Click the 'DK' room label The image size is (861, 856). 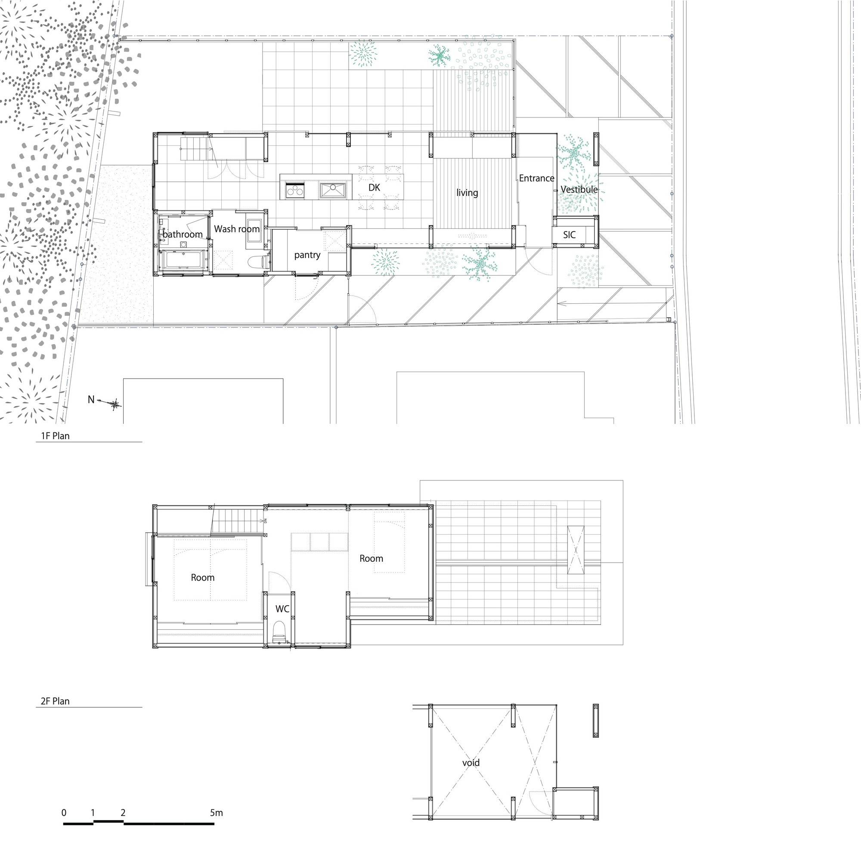(x=374, y=188)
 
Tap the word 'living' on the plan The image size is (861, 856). (x=467, y=192)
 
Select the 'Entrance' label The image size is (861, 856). (x=536, y=178)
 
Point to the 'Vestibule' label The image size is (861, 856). (x=579, y=189)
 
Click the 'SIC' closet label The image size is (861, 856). (x=569, y=235)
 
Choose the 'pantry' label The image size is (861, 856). (x=307, y=255)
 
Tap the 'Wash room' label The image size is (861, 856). (x=237, y=229)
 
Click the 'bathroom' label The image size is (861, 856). (x=182, y=234)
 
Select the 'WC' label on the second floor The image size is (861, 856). (x=282, y=608)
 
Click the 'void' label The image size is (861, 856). (x=471, y=763)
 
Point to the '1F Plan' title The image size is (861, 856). (x=55, y=436)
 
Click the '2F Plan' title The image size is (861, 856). (x=55, y=701)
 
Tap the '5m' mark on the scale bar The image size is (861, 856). (x=216, y=813)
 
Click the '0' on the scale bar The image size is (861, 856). (x=64, y=813)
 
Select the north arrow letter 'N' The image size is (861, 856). (x=91, y=400)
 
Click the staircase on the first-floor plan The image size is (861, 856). (x=192, y=149)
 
